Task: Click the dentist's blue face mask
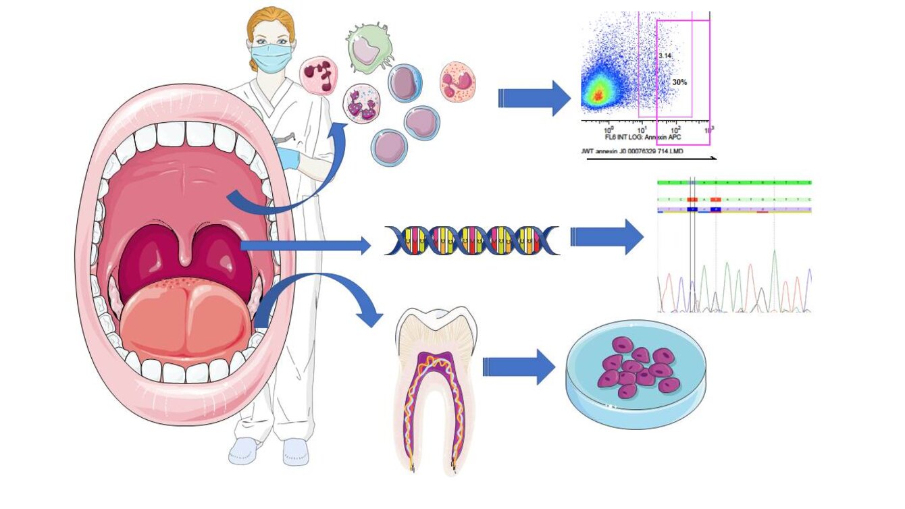coord(271,57)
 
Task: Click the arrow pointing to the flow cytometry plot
coord(534,99)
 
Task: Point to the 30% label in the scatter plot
coord(679,82)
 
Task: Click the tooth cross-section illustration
coord(436,392)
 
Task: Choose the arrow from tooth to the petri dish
coord(519,367)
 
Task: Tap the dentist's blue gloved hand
coord(288,158)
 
